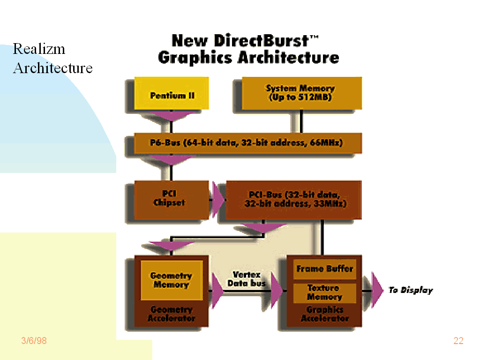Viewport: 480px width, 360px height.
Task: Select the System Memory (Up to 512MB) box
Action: [x=300, y=93]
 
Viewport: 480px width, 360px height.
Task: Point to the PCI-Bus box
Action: [x=294, y=199]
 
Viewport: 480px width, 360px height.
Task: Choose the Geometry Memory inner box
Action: [x=171, y=280]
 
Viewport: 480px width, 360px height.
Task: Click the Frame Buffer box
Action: [x=324, y=269]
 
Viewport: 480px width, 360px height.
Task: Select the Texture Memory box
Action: [x=324, y=292]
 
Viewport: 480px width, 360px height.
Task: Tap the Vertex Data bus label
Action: [x=246, y=278]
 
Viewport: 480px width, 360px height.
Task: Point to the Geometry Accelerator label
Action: [x=171, y=314]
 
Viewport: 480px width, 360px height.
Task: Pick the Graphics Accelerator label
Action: [x=324, y=314]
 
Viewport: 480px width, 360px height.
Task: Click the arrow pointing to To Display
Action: [x=377, y=290]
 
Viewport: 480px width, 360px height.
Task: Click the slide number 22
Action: [x=458, y=341]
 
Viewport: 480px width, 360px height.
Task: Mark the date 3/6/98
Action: [x=34, y=341]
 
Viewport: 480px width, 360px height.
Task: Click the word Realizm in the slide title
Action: [x=39, y=49]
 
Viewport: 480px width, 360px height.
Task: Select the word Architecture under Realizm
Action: [x=52, y=68]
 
